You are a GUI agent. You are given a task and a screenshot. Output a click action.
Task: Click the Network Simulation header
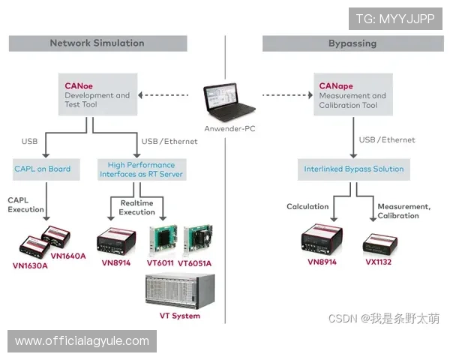pos(97,43)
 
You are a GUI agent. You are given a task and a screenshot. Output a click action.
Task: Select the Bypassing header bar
pos(352,43)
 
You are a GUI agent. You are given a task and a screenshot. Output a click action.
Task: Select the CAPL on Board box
pos(43,169)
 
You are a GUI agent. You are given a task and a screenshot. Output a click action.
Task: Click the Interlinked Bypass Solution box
pos(353,169)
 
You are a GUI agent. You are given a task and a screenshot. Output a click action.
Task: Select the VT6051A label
pos(194,263)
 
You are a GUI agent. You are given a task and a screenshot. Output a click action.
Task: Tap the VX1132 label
pos(380,262)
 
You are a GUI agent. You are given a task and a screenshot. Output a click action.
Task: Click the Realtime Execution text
pos(137,208)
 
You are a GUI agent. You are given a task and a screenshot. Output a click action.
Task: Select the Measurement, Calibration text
pos(403,211)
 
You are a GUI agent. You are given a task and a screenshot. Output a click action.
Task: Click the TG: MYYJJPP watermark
pos(394,17)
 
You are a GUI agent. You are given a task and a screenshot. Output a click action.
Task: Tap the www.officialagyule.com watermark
pos(82,341)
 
